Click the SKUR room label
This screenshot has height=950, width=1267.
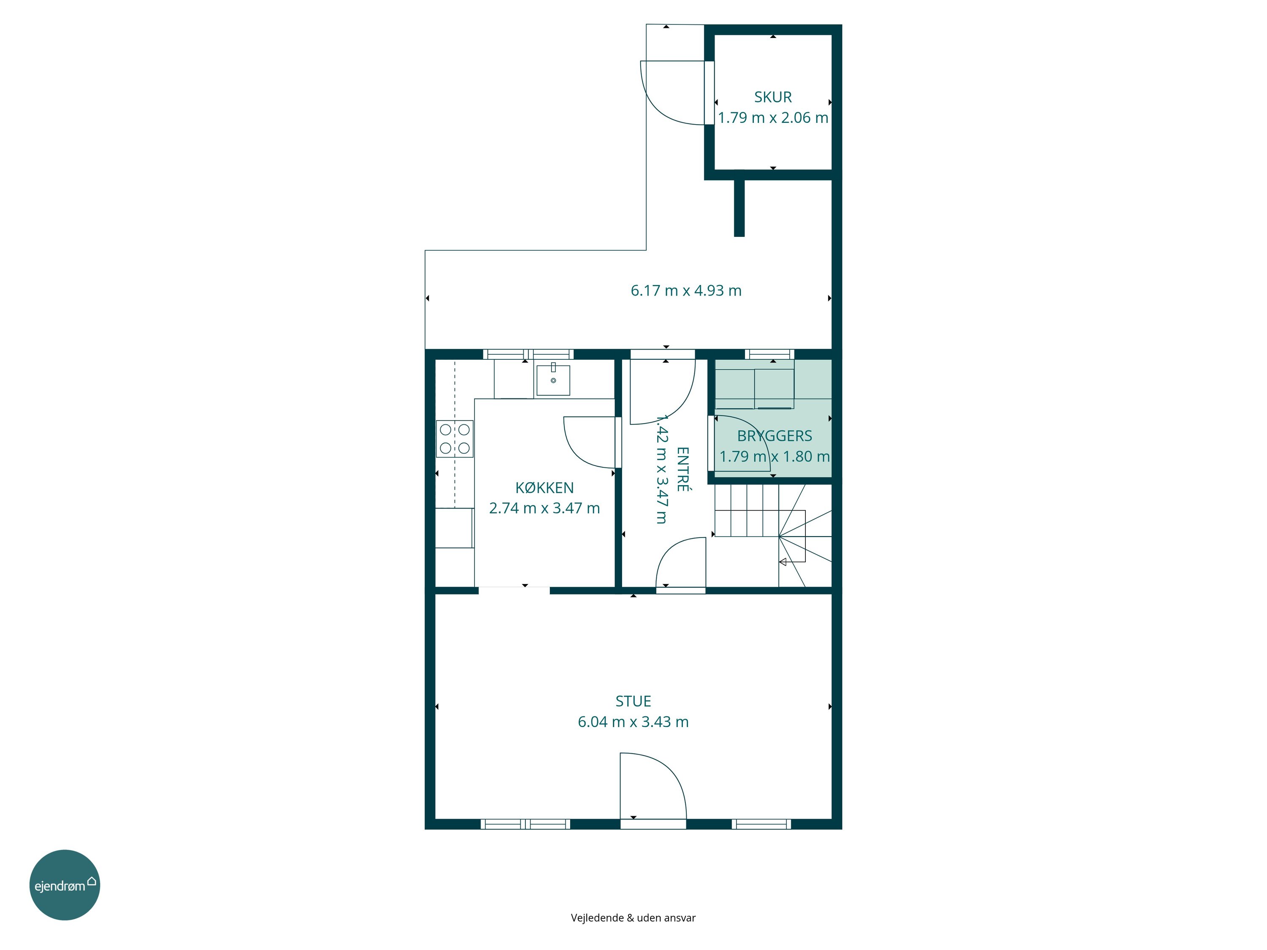point(773,98)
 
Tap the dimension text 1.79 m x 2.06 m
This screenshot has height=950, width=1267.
point(773,118)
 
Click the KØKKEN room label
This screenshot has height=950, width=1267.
point(544,488)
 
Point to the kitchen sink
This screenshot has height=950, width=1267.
point(553,379)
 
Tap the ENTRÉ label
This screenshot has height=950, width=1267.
point(683,469)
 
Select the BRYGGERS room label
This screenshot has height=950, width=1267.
point(775,436)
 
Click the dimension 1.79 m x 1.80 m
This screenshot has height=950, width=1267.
point(775,457)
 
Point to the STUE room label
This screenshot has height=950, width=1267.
point(633,701)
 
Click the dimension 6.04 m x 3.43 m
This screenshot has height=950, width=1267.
point(633,722)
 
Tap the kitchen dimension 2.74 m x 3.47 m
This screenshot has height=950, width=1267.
point(544,508)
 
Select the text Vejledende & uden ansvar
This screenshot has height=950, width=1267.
point(633,918)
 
